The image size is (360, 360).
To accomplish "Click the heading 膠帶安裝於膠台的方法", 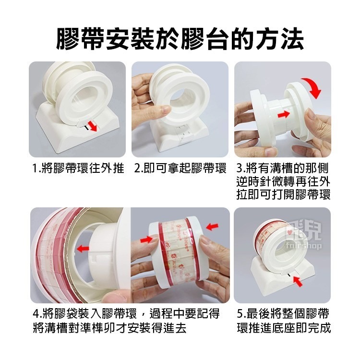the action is pyautogui.click(x=180, y=39).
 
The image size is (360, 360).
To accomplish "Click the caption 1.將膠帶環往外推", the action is pyautogui.click(x=78, y=168).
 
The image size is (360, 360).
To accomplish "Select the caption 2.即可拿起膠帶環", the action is pyautogui.click(x=180, y=168).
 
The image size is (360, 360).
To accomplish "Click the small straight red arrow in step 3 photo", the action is pyautogui.click(x=283, y=113).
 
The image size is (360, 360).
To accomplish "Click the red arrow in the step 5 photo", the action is pyautogui.click(x=298, y=281).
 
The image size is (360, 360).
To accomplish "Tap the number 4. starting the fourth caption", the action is pyautogui.click(x=37, y=314).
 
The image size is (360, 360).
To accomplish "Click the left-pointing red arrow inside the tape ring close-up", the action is pyautogui.click(x=83, y=249).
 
